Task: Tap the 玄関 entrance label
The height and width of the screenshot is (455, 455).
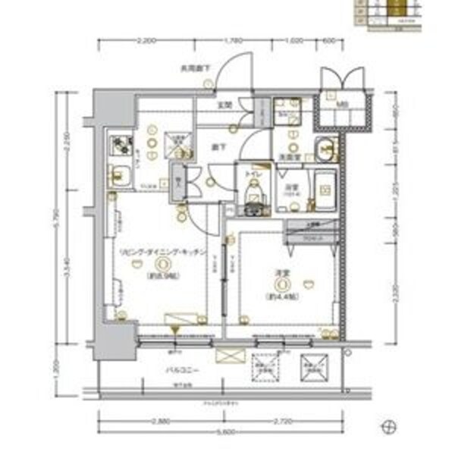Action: pyautogui.click(x=225, y=105)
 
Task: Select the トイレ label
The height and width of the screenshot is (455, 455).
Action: pyautogui.click(x=253, y=174)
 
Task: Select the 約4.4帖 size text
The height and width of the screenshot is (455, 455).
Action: pyautogui.click(x=282, y=297)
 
